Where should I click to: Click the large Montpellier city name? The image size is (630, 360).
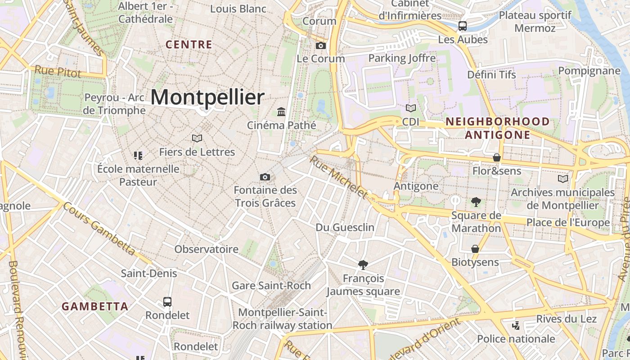point(207,97)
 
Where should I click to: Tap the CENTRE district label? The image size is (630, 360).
point(189,45)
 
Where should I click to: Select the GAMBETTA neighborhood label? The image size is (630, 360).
point(95,306)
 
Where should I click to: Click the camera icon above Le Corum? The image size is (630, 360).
point(321,45)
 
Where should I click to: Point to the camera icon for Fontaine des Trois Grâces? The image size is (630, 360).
point(265,177)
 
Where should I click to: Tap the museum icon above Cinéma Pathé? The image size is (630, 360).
point(281,111)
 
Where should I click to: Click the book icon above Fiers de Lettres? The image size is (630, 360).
point(197,138)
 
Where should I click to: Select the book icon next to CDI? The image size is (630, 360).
point(410,108)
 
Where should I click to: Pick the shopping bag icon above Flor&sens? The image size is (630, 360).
point(497,157)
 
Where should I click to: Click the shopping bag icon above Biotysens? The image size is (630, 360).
point(475,249)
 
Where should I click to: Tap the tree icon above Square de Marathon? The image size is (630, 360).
point(476,202)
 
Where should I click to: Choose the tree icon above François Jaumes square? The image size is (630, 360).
point(363,265)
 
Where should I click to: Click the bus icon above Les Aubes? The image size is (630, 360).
point(463,26)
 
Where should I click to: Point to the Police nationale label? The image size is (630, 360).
point(516,339)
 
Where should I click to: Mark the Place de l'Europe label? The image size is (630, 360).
point(568,223)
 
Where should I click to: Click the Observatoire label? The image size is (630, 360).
point(206,249)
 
